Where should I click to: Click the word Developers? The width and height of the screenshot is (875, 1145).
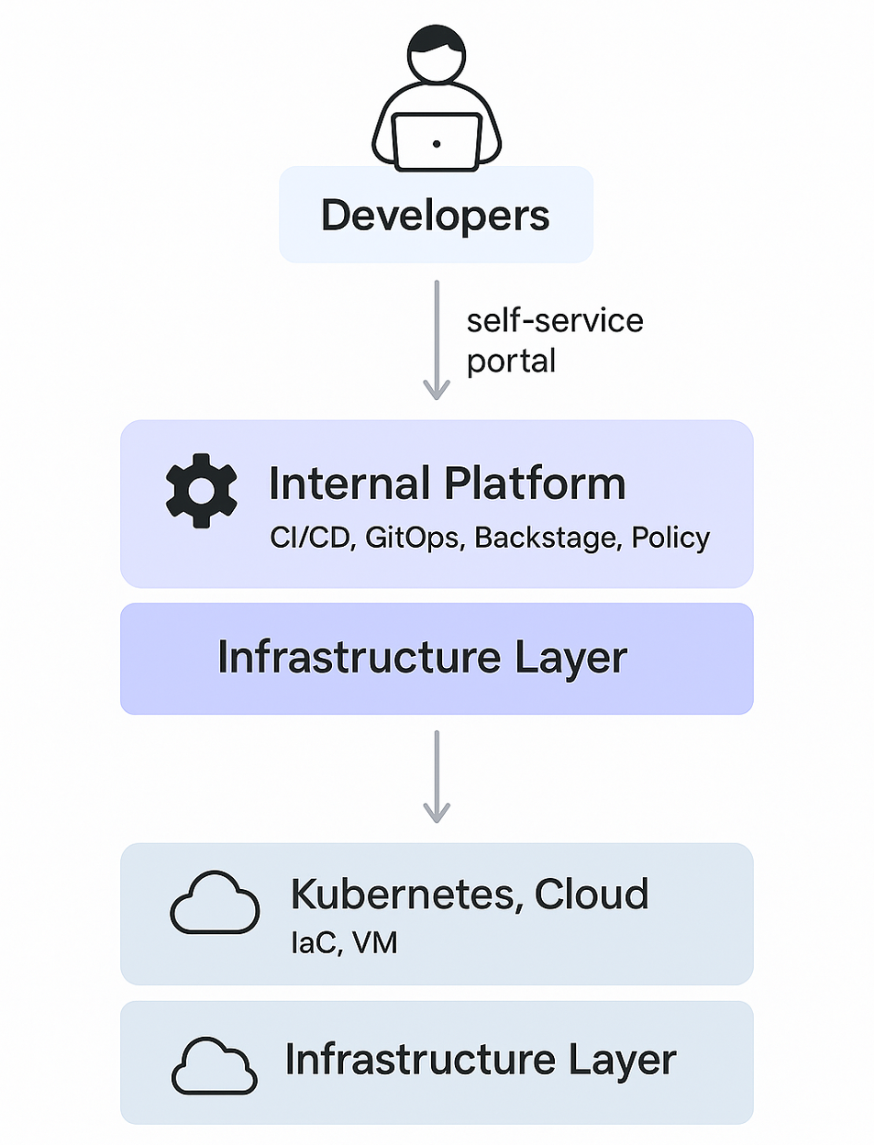tap(435, 216)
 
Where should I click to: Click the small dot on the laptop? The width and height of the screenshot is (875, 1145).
tap(437, 144)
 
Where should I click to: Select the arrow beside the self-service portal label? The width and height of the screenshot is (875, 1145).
tap(437, 339)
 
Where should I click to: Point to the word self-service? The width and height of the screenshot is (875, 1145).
tap(555, 320)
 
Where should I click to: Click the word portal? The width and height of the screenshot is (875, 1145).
tap(511, 361)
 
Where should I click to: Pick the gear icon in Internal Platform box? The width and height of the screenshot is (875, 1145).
tap(202, 491)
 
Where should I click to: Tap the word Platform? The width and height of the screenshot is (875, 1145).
tap(535, 484)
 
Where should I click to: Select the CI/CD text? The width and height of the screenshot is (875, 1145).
tap(312, 538)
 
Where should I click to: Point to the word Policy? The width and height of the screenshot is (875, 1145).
tap(670, 538)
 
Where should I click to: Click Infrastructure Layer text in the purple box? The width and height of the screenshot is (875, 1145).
tap(422, 658)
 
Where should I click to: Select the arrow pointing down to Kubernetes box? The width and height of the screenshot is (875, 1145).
tap(437, 776)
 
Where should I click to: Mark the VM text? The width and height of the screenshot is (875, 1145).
tap(375, 943)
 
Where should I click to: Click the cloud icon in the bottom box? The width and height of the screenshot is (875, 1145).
tap(215, 1066)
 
